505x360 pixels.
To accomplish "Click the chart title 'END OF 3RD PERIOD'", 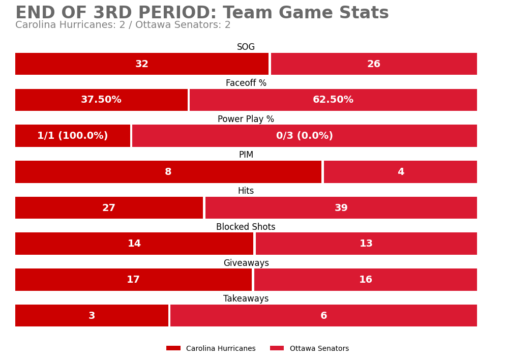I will (x=202, y=13).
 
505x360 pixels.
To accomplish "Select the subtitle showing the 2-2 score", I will (x=123, y=25).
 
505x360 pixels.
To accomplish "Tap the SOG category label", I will (x=246, y=47).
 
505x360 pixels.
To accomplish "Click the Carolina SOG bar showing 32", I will (x=142, y=64).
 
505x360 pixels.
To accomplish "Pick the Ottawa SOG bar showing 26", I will (x=374, y=64).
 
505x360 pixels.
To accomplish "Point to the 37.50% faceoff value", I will (x=101, y=100).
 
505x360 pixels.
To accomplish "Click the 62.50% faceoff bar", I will (x=333, y=100).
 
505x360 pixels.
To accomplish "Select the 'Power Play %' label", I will (x=246, y=119).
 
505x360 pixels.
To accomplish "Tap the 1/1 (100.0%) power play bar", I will (x=73, y=136).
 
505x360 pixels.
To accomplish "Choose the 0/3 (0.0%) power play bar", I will (x=305, y=136).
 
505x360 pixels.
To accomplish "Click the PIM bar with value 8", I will (x=168, y=172).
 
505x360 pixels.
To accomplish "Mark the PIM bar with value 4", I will (x=400, y=172).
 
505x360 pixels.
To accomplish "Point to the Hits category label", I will (x=246, y=191).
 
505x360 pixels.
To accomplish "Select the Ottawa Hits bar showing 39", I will (x=341, y=208).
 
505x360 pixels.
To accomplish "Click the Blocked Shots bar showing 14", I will (x=134, y=244).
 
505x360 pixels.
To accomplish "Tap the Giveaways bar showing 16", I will (x=366, y=280).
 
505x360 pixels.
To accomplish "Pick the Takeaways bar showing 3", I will (x=92, y=316).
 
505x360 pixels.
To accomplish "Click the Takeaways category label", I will (x=246, y=299).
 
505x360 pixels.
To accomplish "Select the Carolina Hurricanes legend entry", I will (x=211, y=349).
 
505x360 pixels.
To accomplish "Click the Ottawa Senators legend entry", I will (x=310, y=349).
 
